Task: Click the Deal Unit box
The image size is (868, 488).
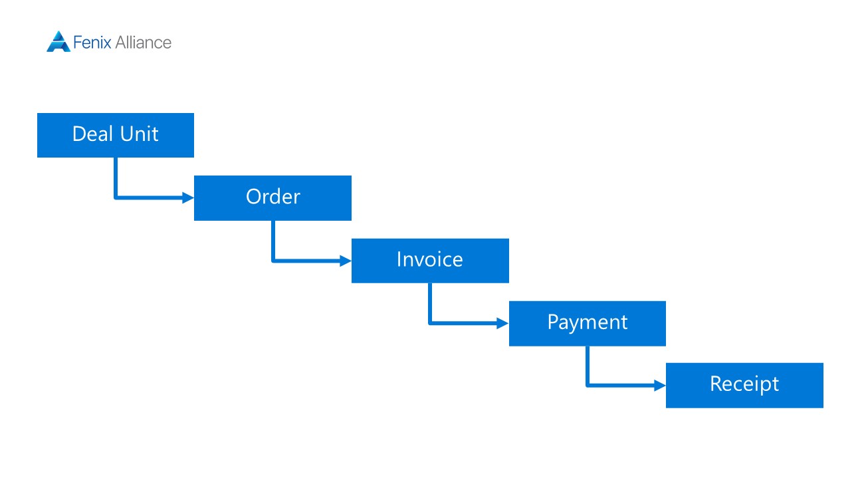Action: tap(116, 135)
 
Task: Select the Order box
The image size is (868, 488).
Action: tap(272, 198)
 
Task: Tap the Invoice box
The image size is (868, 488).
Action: tap(430, 261)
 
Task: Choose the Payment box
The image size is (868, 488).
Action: tap(588, 323)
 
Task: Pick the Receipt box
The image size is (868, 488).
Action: tap(744, 386)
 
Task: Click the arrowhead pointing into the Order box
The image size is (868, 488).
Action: tap(188, 197)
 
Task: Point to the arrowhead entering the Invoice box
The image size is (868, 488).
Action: tap(346, 261)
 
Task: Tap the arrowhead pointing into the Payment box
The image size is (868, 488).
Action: tap(503, 323)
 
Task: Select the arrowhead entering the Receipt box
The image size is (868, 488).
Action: tap(660, 386)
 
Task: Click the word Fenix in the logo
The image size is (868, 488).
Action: tap(92, 43)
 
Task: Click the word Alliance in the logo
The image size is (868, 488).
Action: tap(144, 43)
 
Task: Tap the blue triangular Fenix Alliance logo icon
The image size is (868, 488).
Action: tap(58, 41)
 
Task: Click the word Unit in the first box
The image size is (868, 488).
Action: tap(139, 134)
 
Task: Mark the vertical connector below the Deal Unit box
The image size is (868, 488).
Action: tap(116, 178)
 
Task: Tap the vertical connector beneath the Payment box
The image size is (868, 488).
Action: tap(588, 366)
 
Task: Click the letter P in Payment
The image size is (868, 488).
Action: tap(553, 321)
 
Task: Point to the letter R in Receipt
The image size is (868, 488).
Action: tap(716, 384)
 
